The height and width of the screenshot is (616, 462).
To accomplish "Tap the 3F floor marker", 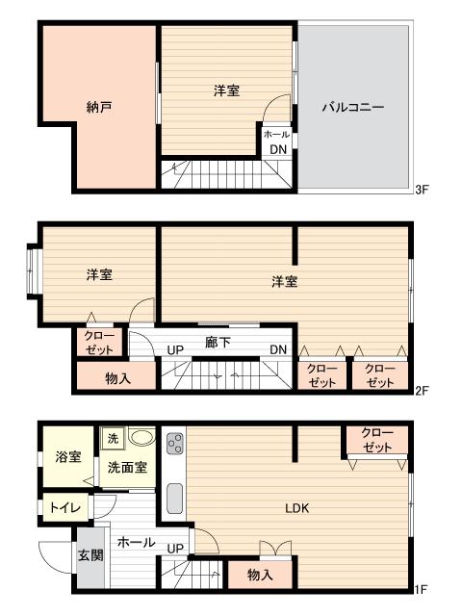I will (421, 190).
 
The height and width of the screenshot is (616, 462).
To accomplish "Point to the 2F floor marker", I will (421, 392).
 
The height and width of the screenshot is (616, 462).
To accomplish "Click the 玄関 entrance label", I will (90, 555).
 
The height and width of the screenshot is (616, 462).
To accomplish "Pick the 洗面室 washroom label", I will (127, 469).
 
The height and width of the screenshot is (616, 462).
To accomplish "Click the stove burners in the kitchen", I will (176, 444).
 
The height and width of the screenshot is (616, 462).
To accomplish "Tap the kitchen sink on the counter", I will (175, 499).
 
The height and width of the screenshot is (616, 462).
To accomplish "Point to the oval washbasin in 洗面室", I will (141, 437).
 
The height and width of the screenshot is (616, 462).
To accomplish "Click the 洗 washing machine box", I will (112, 437).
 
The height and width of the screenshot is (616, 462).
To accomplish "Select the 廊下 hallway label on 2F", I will (218, 342).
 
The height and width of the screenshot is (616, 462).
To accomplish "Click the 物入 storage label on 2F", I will (117, 379).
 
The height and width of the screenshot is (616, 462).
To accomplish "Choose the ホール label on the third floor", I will (276, 135).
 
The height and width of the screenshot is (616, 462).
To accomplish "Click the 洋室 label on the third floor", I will (226, 90).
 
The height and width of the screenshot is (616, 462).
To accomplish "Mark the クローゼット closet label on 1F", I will (376, 440).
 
